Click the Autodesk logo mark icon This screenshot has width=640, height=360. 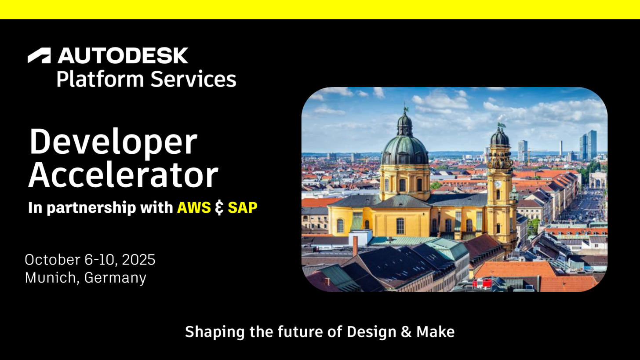(x=39, y=55)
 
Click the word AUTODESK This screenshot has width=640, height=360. (x=123, y=55)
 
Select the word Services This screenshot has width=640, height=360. (x=193, y=79)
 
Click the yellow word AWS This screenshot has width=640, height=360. (x=194, y=207)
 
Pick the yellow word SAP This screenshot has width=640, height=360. (x=243, y=207)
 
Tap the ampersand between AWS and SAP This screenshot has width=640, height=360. (x=219, y=208)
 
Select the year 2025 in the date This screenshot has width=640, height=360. (x=138, y=260)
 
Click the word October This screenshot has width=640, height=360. (x=53, y=260)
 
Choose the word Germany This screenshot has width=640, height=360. (x=115, y=278)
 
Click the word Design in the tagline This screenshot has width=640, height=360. (x=371, y=332)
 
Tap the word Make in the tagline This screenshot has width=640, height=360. (x=436, y=332)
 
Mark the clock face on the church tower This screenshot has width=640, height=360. (x=498, y=184)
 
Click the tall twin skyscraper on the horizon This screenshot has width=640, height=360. (x=588, y=145)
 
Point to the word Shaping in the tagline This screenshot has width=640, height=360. (x=215, y=332)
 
